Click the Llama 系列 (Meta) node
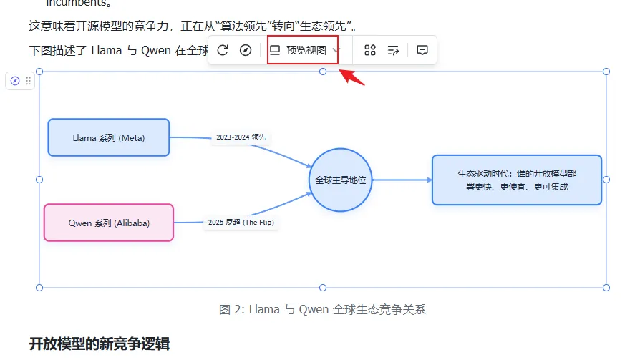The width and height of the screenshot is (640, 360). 109,137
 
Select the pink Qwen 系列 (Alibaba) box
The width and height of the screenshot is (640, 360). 109,223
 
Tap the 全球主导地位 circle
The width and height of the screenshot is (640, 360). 340,180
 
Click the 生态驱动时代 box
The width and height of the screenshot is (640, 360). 517,180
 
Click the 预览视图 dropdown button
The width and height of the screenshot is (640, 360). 303,50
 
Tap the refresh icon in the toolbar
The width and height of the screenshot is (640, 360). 223,50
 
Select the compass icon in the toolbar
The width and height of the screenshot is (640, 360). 246,50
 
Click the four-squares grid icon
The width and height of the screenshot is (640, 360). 370,50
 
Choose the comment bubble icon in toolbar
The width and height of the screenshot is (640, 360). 422,50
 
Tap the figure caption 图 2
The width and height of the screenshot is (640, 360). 322,310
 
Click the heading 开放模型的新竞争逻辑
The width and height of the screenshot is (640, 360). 100,344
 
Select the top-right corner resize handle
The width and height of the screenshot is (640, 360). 606,72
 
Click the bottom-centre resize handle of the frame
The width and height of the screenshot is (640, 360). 323,288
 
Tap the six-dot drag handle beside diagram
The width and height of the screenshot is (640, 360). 29,82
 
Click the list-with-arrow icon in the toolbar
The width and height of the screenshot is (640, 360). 393,50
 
